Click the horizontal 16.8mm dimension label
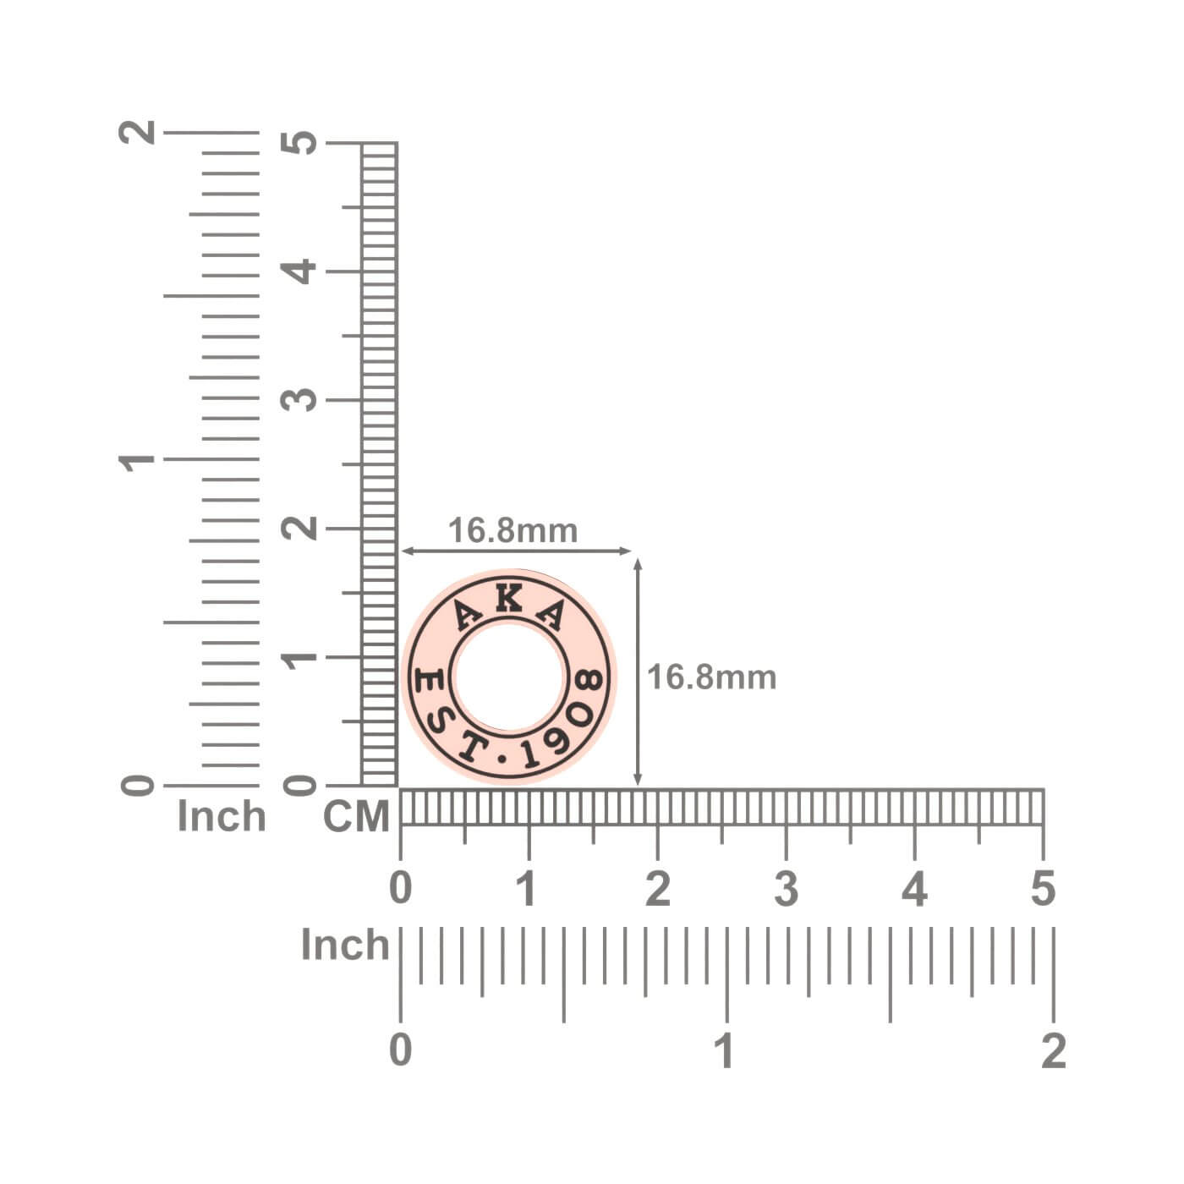[x=513, y=530]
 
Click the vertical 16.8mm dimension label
[x=711, y=677]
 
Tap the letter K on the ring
[x=509, y=598]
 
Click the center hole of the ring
[x=509, y=677]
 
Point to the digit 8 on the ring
[x=587, y=680]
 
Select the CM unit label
[x=356, y=817]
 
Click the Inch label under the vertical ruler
[x=222, y=817]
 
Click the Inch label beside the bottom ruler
[x=345, y=945]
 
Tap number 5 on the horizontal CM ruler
[x=1043, y=889]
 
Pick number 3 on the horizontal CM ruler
[x=786, y=889]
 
